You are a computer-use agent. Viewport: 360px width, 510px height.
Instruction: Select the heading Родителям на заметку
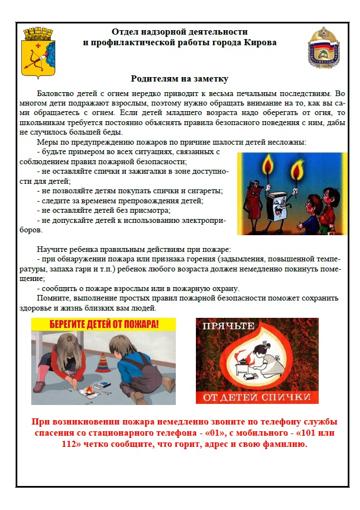click(180, 79)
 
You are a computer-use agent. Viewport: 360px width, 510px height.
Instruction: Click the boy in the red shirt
click(329, 209)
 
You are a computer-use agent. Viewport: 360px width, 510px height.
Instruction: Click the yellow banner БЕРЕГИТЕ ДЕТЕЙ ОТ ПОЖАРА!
click(103, 324)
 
